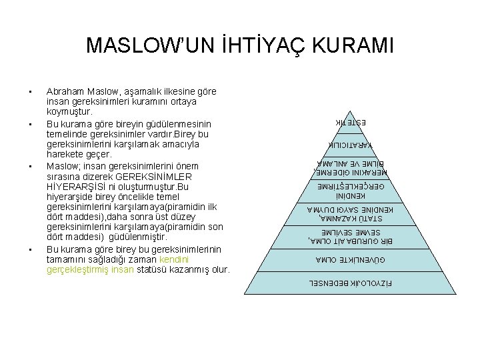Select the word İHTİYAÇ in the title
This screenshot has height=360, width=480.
coord(254,46)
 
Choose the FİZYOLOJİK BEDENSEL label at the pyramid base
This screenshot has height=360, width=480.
coord(351,283)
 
